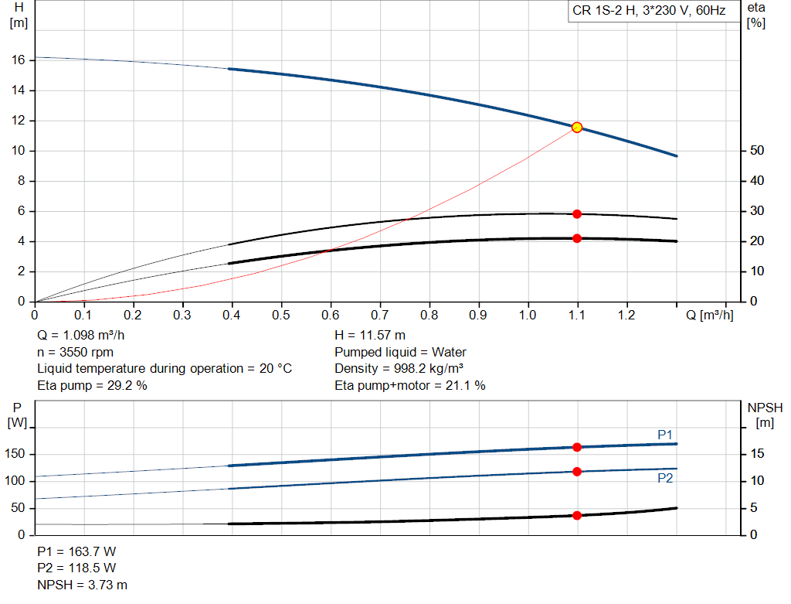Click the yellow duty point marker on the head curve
[x=577, y=128]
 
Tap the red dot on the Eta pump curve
[x=577, y=214]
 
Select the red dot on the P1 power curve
[x=577, y=448]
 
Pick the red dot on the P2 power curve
[x=577, y=472]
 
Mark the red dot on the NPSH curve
[x=577, y=516]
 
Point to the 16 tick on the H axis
[x=19, y=60]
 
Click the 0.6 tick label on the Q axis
[x=331, y=315]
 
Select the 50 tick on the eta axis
[x=757, y=151]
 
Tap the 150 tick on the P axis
[x=15, y=454]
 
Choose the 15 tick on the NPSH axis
[x=757, y=453]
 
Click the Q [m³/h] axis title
[x=709, y=315]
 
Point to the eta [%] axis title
[x=755, y=15]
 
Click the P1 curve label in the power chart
[x=665, y=435]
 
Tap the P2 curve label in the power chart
[x=665, y=478]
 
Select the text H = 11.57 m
[x=370, y=336]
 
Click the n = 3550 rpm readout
[x=75, y=352]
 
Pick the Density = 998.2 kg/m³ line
[x=399, y=369]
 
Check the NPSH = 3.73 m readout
[x=82, y=585]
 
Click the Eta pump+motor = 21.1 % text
[x=409, y=386]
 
